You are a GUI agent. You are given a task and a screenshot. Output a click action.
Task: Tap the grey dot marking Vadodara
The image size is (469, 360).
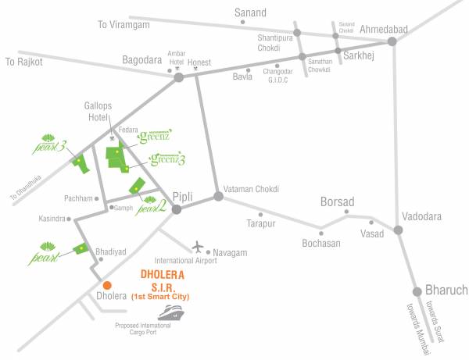click(399, 230)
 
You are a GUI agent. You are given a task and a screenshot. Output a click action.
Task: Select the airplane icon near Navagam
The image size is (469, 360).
click(197, 247)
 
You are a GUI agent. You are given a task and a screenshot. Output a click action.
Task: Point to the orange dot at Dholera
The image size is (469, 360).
click(107, 285)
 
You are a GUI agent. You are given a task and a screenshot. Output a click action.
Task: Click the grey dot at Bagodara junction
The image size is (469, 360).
click(178, 77)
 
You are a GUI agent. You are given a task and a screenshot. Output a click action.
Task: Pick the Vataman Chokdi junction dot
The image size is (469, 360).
click(219, 196)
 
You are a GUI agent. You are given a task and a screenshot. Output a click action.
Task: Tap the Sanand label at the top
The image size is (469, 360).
click(251, 12)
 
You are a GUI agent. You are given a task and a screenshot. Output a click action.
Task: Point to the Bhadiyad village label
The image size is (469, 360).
click(110, 253)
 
